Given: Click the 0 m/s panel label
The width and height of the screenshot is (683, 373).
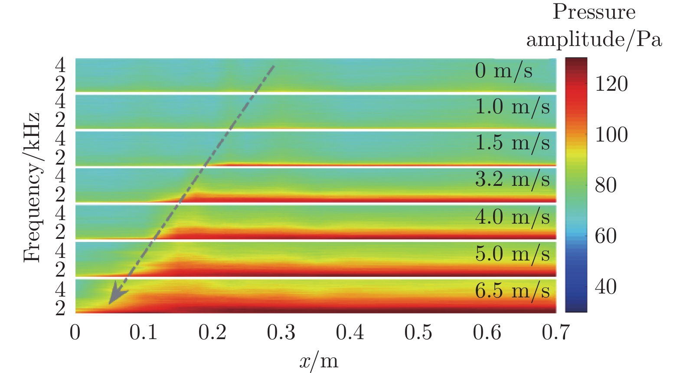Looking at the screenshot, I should point(503,71).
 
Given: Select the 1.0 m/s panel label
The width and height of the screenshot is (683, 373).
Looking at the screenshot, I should point(512,107).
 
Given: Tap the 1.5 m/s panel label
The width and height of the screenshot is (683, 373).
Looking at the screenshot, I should point(512,143).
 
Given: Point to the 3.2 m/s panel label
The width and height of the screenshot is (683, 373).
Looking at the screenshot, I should point(512,179).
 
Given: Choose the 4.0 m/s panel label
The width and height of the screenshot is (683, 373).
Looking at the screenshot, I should point(512,217).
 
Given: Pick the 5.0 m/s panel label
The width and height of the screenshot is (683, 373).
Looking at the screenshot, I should point(512,254).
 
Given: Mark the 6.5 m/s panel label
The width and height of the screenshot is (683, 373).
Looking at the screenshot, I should point(512,291).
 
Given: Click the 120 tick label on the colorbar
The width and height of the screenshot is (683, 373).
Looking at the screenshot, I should point(611,84).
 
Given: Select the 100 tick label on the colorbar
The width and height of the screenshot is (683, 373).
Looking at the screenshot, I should point(611,135).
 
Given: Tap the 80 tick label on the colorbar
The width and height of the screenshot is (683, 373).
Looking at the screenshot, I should point(606,185).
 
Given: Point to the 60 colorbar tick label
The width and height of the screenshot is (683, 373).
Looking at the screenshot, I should point(606,236).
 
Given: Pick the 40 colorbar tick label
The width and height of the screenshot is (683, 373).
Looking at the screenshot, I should point(606,287).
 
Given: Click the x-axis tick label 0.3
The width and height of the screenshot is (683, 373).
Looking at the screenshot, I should point(281,333).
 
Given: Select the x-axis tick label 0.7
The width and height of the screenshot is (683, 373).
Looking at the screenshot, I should point(556,333).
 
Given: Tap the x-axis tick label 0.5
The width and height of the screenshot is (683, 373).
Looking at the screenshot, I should point(418,333).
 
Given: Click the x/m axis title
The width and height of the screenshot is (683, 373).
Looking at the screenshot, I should point(319,361).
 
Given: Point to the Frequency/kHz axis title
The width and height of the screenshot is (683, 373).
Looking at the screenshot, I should point(33,188).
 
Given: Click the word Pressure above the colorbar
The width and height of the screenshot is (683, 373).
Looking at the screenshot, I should point(594,12).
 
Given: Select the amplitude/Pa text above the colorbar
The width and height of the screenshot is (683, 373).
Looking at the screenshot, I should point(594,40).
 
